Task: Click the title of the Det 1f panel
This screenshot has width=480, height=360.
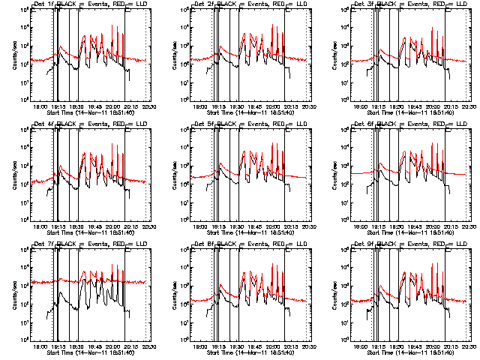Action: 92,4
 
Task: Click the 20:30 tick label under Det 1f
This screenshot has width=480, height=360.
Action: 150,106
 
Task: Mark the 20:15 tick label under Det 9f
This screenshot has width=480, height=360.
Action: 453,346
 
